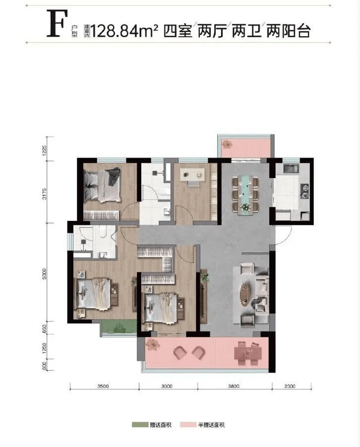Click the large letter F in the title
pos(58,23)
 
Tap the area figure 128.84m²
pos(124,31)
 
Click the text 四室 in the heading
pos(178,31)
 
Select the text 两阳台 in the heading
pos(288,31)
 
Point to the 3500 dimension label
pos(103,386)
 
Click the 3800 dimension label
pos(234,386)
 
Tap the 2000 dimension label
pos(290,386)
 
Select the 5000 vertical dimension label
pos(44,274)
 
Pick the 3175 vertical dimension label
pos(44,194)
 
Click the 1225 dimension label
pos(44,150)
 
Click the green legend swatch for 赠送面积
pos(140,425)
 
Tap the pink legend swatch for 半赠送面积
pos(188,425)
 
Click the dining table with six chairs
pos(245,194)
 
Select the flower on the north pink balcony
pos(227,144)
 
